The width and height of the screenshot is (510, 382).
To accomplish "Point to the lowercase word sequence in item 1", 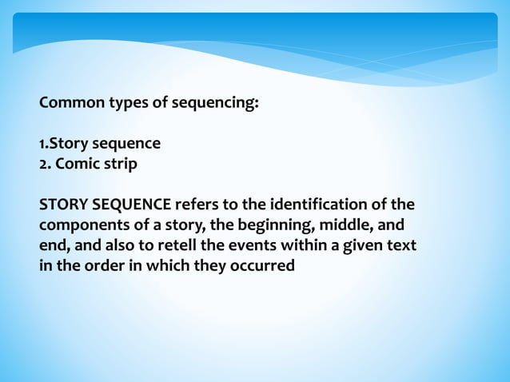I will coord(127,144).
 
